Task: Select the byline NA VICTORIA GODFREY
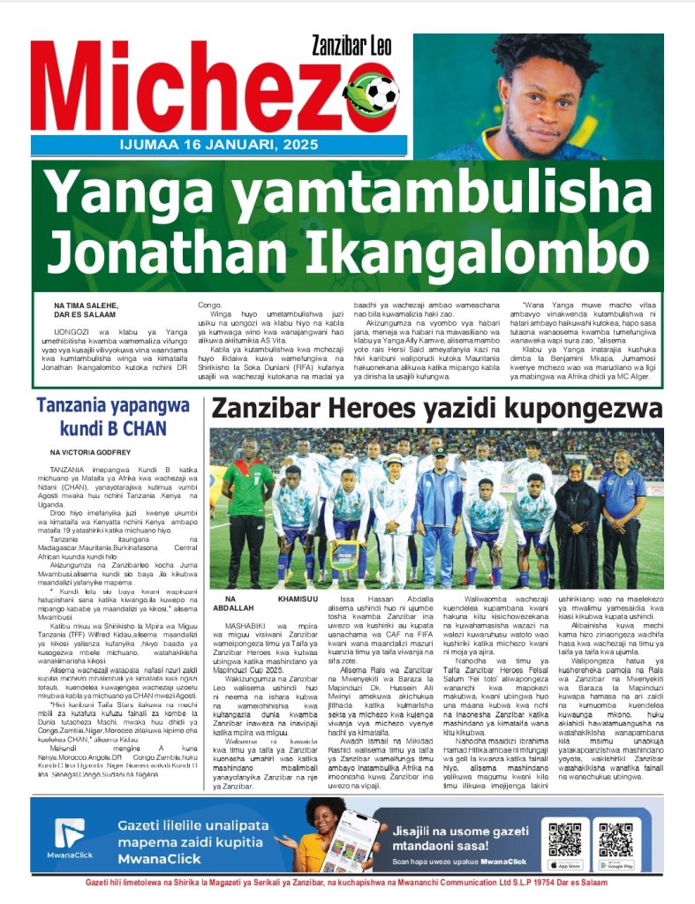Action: (91, 452)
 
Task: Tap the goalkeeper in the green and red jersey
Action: (248, 512)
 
